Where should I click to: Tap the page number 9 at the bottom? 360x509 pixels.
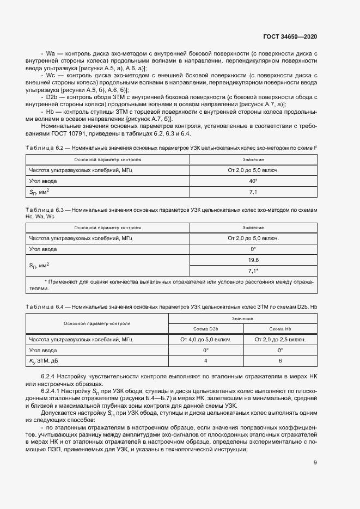click(x=315, y=463)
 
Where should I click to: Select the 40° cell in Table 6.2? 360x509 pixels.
click(x=253, y=180)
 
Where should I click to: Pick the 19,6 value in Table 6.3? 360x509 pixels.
click(x=253, y=260)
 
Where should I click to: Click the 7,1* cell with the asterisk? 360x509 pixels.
click(x=253, y=271)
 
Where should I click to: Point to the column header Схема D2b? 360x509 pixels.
click(x=206, y=329)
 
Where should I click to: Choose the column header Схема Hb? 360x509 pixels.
click(x=280, y=329)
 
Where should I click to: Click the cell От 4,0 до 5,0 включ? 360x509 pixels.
click(x=206, y=339)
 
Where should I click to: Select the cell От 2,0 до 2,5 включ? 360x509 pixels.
click(x=280, y=339)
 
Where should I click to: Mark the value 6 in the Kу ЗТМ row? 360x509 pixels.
click(x=280, y=360)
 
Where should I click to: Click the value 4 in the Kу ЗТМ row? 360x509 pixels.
click(x=206, y=360)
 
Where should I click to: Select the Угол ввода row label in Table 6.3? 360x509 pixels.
click(x=43, y=249)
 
